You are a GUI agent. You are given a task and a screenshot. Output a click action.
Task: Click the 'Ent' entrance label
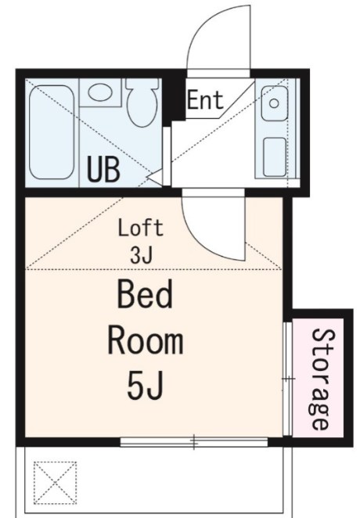[x=205, y=99]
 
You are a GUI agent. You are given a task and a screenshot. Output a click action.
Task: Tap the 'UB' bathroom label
[x=104, y=169]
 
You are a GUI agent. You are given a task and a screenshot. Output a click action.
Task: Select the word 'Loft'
[x=140, y=229]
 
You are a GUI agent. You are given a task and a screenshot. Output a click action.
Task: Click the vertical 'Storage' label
[x=320, y=378]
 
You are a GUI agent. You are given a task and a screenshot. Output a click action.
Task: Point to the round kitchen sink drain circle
[x=274, y=102]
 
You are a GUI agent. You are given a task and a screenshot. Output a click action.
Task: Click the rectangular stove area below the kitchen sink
[x=274, y=156]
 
